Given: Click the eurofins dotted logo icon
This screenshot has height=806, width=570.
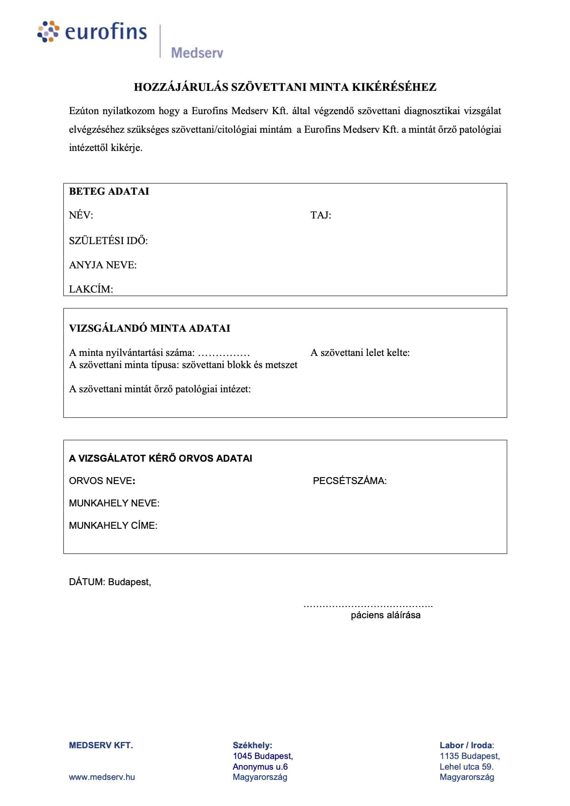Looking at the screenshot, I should [48, 32].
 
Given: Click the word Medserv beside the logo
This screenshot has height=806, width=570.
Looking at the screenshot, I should [197, 53].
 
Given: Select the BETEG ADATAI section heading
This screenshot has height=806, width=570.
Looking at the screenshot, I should [109, 191].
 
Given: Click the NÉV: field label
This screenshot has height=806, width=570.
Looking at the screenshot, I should [81, 215].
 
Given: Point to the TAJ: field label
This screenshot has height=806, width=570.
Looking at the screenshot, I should [321, 215].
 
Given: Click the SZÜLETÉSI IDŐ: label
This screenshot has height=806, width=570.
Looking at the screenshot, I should [108, 241].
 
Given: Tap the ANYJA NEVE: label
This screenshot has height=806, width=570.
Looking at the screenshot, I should [103, 265].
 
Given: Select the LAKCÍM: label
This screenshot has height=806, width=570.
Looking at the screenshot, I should [91, 289].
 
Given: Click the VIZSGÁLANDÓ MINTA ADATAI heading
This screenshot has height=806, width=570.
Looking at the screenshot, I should [149, 328].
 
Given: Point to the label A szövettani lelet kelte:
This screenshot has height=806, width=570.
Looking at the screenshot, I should [360, 353].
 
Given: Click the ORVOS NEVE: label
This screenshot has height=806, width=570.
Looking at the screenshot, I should [102, 481].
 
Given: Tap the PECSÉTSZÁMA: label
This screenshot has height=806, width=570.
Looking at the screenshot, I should [350, 481].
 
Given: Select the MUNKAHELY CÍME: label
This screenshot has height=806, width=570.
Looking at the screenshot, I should [113, 526].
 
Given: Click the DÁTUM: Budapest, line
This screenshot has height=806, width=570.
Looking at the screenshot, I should [110, 582].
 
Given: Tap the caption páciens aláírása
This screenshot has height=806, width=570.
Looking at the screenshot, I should [385, 615].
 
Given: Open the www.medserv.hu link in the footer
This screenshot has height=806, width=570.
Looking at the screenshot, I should [102, 777].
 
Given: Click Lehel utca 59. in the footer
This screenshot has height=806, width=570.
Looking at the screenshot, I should [466, 766].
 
